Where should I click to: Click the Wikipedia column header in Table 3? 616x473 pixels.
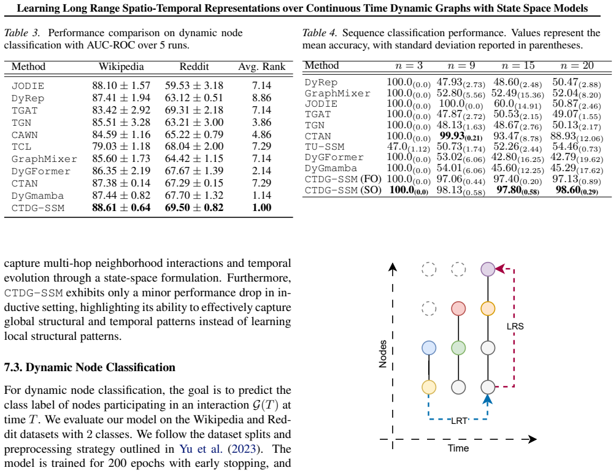[x=121, y=66]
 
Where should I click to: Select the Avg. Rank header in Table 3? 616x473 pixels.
[x=261, y=67]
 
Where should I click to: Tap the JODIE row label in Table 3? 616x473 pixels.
[x=28, y=86]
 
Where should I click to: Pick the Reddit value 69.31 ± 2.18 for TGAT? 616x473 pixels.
[x=194, y=110]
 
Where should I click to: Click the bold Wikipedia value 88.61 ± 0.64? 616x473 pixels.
[x=121, y=207]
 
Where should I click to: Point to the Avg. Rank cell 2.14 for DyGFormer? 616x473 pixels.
[x=261, y=171]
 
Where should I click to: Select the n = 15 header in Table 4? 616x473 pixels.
[x=518, y=66]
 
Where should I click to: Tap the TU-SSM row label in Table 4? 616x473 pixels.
[x=325, y=147]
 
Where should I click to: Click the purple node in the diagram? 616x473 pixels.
[x=488, y=269]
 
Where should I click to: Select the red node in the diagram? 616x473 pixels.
[x=458, y=309]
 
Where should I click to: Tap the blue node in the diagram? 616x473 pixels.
[x=429, y=348]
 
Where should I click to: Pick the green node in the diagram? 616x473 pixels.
[x=458, y=348]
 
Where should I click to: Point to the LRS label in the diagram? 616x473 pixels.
[x=515, y=326]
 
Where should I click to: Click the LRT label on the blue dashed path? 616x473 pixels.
[x=459, y=421]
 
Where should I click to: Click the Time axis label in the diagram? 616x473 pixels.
[x=458, y=448]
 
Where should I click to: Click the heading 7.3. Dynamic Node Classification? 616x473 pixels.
[x=90, y=367]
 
